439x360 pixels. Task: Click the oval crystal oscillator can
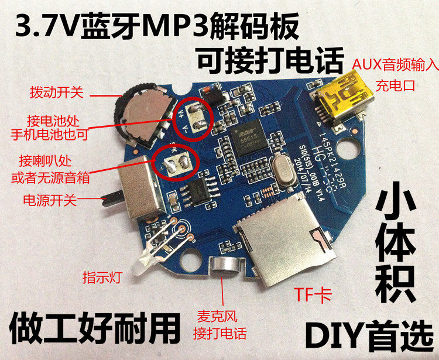(283, 174)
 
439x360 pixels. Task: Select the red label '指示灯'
(101, 277)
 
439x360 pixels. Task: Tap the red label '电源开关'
(49, 200)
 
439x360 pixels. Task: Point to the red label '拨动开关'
(57, 92)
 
